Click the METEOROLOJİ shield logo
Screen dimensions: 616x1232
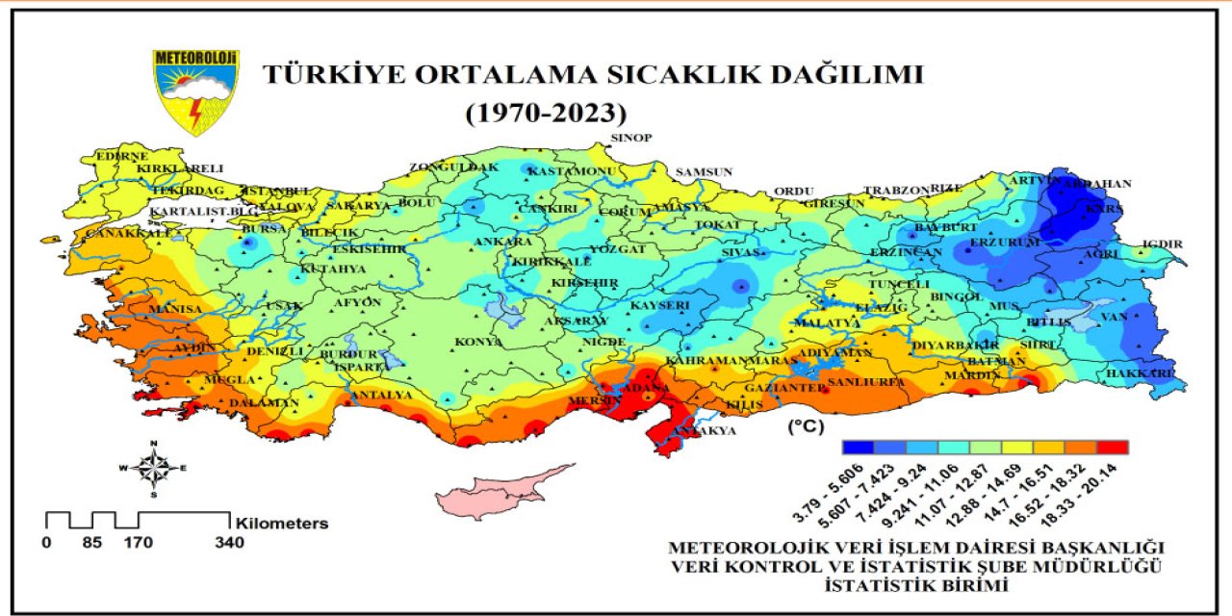pos(195,91)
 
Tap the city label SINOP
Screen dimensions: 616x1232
pos(630,139)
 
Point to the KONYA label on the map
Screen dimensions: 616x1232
pos(478,342)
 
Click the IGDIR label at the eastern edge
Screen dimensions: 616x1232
pos(1162,244)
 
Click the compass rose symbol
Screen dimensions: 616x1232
pos(152,469)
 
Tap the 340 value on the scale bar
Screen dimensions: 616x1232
pos(228,543)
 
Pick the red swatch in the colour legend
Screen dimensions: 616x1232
pos(1112,447)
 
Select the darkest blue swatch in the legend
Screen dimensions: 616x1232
pos(858,447)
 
